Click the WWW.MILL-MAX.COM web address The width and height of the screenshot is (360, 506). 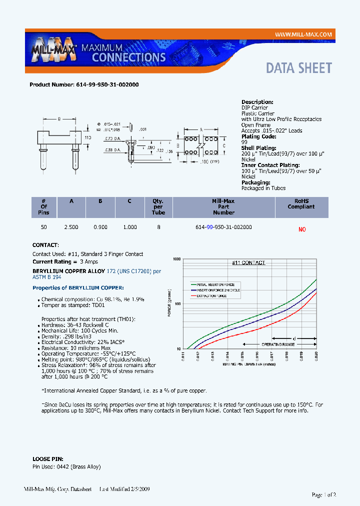coord(303,34)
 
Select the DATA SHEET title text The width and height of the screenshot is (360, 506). coord(298,68)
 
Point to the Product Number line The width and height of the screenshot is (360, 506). coord(84,84)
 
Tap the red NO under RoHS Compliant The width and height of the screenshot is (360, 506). coord(301,229)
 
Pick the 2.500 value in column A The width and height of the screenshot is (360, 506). coord(71,227)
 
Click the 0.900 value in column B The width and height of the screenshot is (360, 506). coord(100,227)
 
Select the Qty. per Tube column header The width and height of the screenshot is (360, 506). coord(158,206)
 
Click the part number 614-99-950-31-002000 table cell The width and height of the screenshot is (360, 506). coord(223,227)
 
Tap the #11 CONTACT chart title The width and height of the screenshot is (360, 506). coord(248,262)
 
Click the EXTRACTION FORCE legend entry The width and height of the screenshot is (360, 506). coord(211,296)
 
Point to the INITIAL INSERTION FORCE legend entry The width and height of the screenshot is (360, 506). coord(215,284)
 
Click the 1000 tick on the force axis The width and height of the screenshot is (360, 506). coord(176,259)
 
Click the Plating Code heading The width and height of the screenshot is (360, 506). coord(258,136)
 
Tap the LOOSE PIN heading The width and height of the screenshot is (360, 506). coord(47,458)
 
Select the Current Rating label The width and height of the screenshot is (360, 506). coord(52,261)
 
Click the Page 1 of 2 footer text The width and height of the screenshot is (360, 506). coord(323,494)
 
